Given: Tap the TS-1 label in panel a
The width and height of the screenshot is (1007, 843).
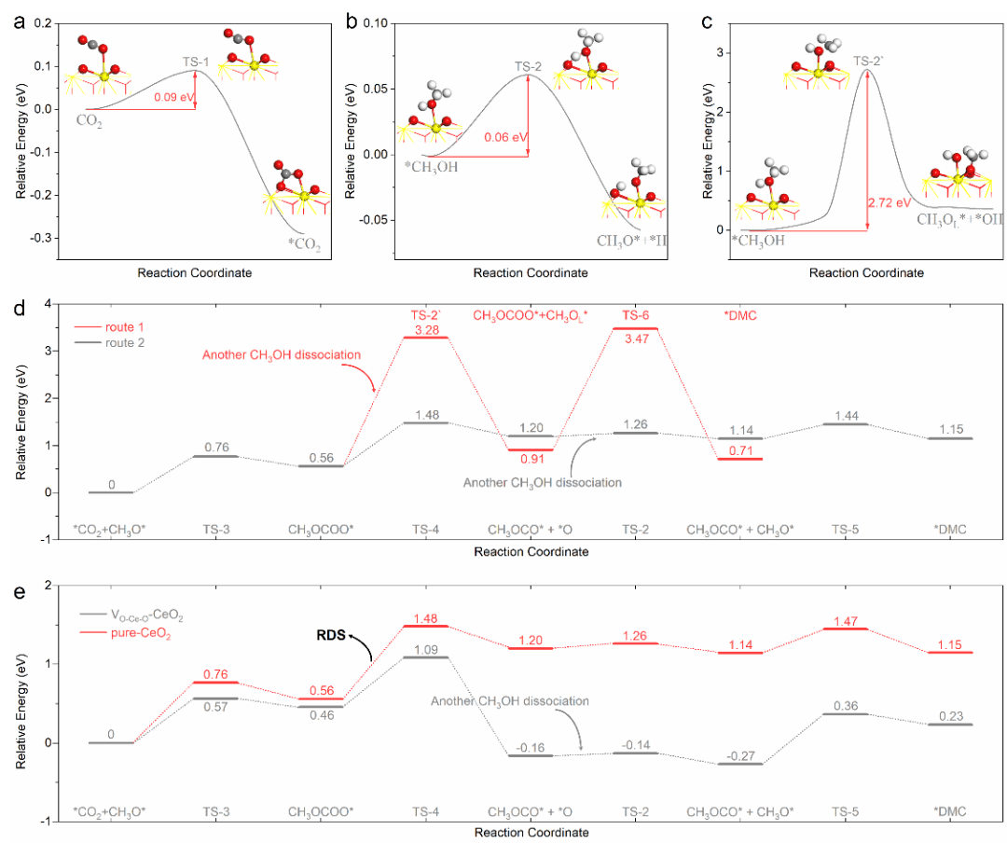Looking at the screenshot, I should pyautogui.click(x=196, y=61).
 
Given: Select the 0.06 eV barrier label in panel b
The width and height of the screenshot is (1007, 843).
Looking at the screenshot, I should pyautogui.click(x=506, y=137).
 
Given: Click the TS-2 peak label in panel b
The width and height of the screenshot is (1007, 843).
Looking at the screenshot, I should pyautogui.click(x=529, y=66).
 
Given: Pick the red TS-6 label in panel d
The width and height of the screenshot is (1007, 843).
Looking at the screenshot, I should pyautogui.click(x=646, y=316).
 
